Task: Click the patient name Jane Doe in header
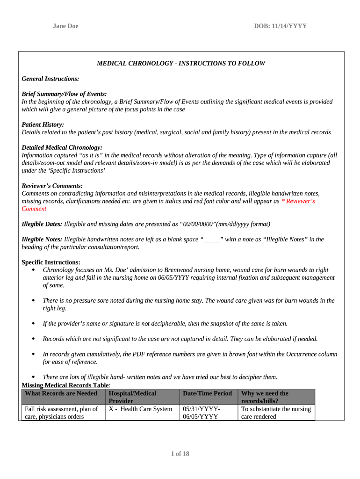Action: (65, 26)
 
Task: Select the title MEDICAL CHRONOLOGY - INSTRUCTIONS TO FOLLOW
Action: (180, 63)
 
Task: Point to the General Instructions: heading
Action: (50, 79)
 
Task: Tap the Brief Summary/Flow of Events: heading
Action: (64, 94)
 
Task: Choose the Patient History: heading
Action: (43, 124)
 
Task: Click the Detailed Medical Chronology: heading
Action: (62, 147)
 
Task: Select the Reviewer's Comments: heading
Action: (52, 186)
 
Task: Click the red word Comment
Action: (34, 209)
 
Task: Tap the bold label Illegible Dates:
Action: (42, 224)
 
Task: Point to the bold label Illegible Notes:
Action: (42, 239)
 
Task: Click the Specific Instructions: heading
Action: (51, 262)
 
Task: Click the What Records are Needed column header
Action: (61, 393)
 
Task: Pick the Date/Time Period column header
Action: (208, 393)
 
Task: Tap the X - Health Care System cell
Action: (141, 409)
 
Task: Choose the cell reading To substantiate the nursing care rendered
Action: (276, 413)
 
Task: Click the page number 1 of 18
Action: (180, 454)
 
